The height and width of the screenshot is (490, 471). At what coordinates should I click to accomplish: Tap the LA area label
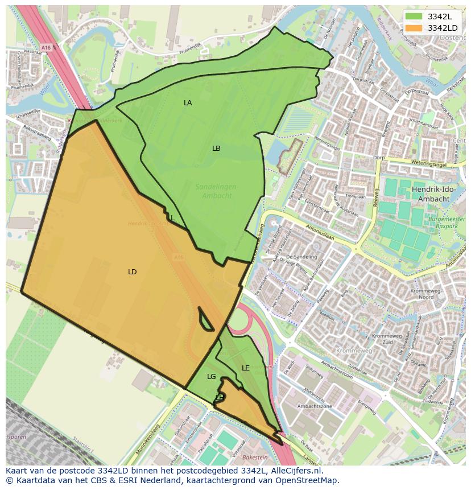click(x=188, y=103)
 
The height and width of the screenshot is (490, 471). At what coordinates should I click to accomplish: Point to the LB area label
click(x=216, y=149)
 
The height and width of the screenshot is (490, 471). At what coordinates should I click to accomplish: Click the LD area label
click(x=132, y=272)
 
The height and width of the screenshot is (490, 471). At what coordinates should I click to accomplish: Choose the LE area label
click(x=246, y=368)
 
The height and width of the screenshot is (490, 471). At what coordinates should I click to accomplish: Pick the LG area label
click(x=212, y=377)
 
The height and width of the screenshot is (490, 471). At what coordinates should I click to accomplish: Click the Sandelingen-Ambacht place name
click(x=217, y=191)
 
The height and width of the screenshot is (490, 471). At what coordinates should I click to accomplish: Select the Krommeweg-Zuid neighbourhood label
click(x=387, y=340)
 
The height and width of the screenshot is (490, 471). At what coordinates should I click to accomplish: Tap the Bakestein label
click(x=254, y=457)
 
